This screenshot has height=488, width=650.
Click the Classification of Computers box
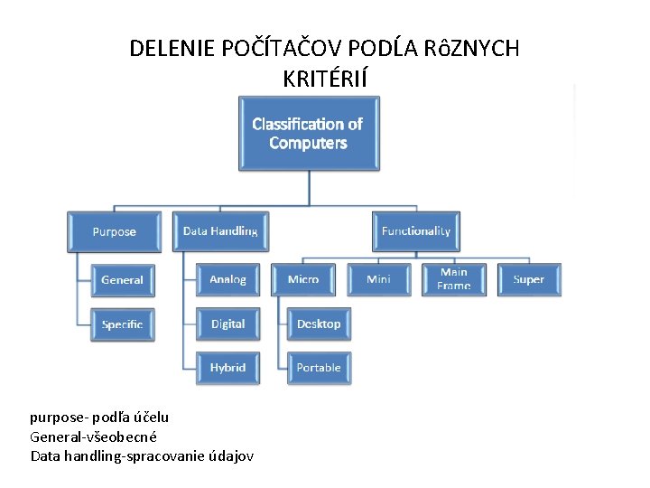[x=308, y=134]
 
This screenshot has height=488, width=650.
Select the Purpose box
[x=115, y=231]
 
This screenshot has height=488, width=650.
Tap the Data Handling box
[x=220, y=231]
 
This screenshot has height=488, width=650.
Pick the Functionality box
[x=415, y=231]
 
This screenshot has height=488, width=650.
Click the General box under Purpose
[x=122, y=280]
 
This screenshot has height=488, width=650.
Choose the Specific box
[x=122, y=324]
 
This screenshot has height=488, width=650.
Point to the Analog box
[x=227, y=280]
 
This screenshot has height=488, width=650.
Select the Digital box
[x=227, y=324]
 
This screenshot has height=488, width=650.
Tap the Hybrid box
[x=227, y=368]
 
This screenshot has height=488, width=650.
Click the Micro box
[x=303, y=280]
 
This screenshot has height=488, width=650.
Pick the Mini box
[x=378, y=280]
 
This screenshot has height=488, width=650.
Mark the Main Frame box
[x=454, y=279]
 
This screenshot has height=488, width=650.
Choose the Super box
[x=528, y=280]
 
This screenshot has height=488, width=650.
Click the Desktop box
[x=319, y=324]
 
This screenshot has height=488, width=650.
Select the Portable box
[x=319, y=368]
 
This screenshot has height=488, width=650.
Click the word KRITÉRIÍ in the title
[x=325, y=80]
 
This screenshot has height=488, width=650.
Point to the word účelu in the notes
[x=150, y=418]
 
